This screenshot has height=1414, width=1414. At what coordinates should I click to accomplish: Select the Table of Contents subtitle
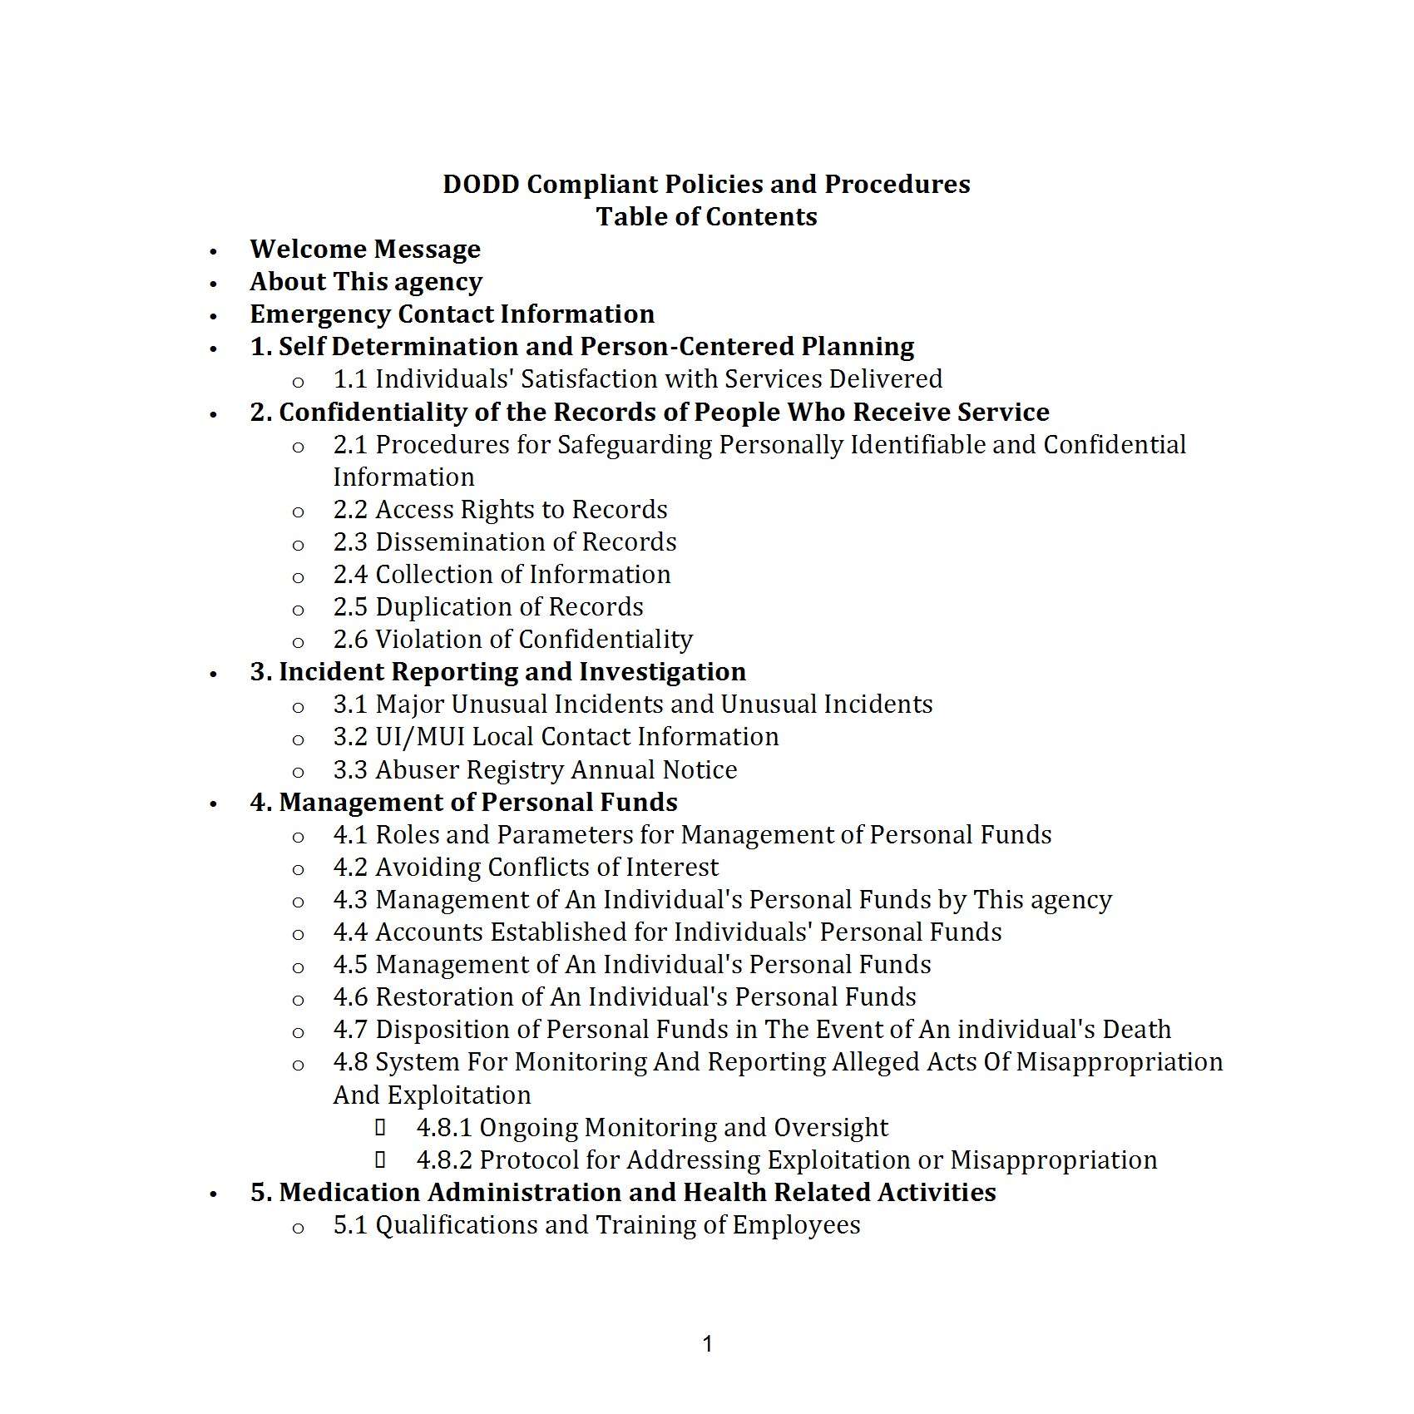coord(706,216)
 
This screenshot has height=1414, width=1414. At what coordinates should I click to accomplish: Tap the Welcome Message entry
coord(365,249)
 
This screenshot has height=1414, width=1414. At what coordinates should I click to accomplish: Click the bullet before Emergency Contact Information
coord(214,316)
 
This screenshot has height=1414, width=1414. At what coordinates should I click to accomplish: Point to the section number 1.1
coord(349,379)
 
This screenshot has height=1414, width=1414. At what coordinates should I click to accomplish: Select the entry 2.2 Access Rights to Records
coord(500,509)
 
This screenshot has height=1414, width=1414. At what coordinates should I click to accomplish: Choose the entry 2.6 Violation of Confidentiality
coord(512,639)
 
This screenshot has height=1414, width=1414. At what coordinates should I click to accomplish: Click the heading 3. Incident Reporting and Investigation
coord(497,671)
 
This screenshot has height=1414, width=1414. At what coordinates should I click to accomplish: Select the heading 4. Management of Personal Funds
coord(463,802)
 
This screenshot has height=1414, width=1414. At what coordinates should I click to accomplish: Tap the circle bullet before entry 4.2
coord(298,869)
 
